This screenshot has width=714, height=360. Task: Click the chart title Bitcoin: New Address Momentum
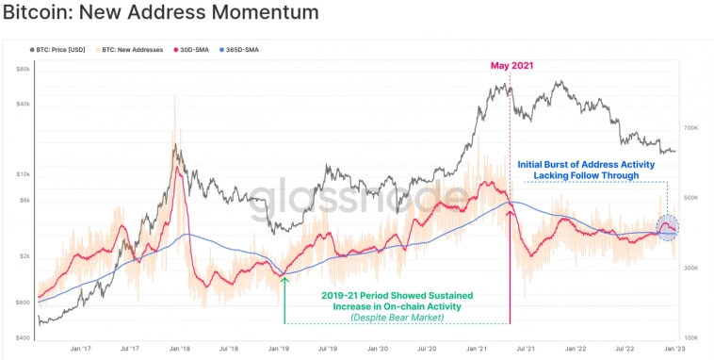click(160, 13)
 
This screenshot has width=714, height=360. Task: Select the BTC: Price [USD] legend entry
click(63, 48)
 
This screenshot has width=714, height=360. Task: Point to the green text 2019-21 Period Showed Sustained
click(397, 295)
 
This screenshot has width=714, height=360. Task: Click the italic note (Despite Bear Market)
click(397, 319)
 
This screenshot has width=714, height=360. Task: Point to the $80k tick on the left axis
click(24, 69)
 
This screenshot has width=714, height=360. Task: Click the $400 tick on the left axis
click(24, 337)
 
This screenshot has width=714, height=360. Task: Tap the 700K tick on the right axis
click(690, 126)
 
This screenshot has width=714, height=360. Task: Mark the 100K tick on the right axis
click(690, 337)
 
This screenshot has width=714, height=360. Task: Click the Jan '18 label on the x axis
click(178, 348)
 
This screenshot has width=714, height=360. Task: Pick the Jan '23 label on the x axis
click(675, 348)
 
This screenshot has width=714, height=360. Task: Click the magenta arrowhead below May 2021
click(510, 214)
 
